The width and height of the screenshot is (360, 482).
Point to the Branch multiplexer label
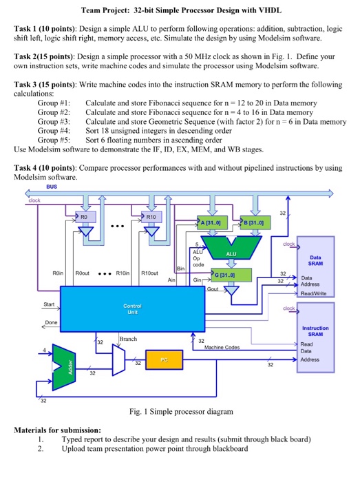[128, 339]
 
